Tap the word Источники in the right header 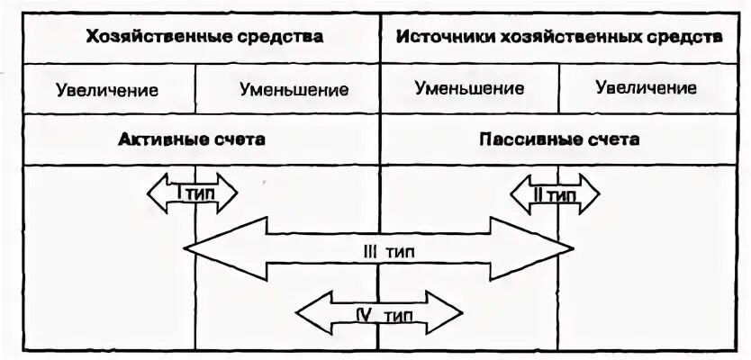[x=438, y=38]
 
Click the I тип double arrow [x=192, y=193]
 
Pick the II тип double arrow [x=555, y=193]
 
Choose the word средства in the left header [x=278, y=38]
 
